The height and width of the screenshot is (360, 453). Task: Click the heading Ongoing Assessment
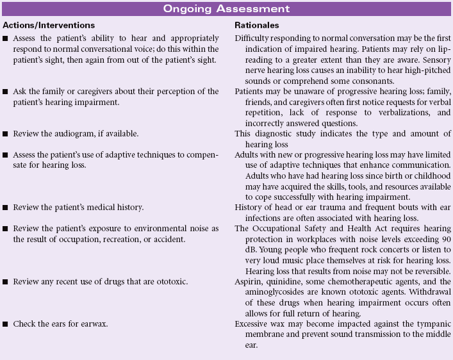(226, 9)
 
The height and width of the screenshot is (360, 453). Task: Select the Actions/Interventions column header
(48, 25)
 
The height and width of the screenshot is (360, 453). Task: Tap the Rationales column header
(256, 25)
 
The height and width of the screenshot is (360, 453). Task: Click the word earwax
(98, 324)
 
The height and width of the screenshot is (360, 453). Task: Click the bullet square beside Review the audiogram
(6, 133)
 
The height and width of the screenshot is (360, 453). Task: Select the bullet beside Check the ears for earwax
(6, 324)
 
